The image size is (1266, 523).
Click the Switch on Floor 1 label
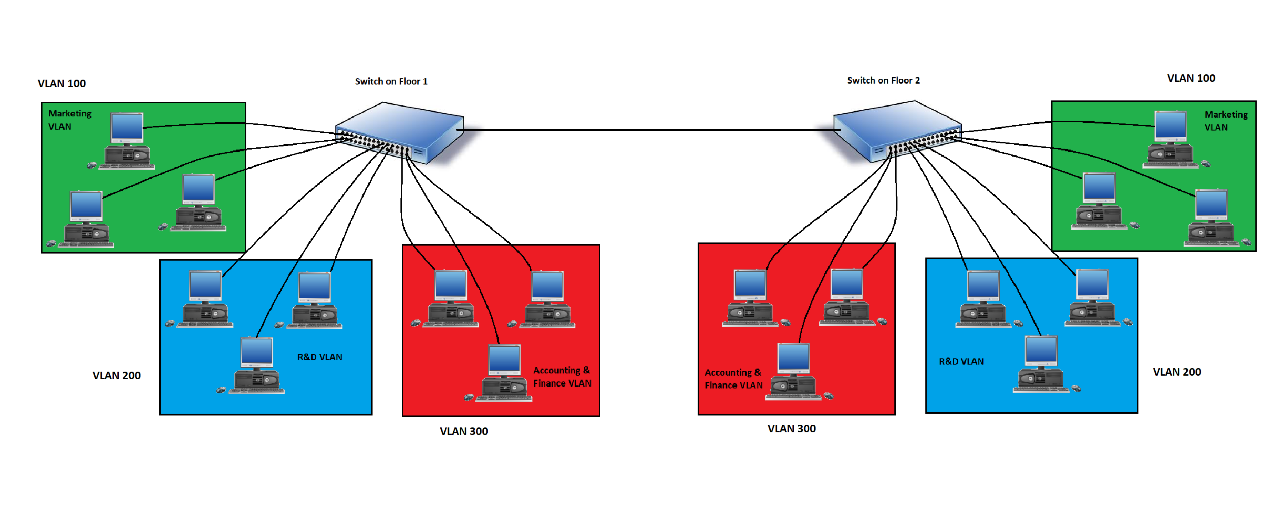click(x=391, y=81)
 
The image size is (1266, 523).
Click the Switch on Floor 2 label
click(x=883, y=81)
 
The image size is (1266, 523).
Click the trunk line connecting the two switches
click(x=649, y=130)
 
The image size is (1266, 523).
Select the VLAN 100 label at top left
click(x=62, y=84)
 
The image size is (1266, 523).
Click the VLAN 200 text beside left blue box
click(x=117, y=376)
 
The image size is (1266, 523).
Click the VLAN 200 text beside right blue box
click(x=1177, y=372)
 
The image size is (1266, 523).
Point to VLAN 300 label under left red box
click(x=463, y=431)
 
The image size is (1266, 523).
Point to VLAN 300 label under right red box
click(x=791, y=429)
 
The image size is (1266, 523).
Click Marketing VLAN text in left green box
click(x=69, y=120)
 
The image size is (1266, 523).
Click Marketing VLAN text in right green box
click(x=1226, y=121)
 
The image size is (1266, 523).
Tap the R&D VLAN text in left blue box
click(x=319, y=357)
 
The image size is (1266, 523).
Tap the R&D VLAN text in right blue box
click(x=961, y=361)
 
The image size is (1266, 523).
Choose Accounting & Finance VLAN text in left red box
click(x=562, y=377)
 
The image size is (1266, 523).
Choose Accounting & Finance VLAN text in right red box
click(x=733, y=379)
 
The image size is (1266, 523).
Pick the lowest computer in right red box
click(x=793, y=371)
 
